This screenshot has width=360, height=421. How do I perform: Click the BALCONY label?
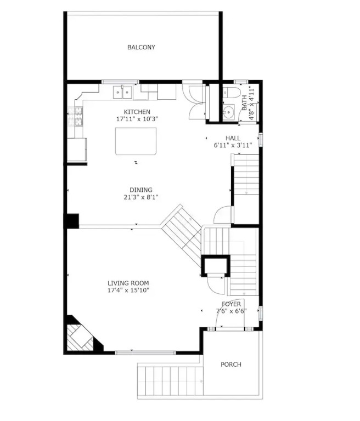(x=141, y=47)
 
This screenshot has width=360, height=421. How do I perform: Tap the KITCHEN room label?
(x=137, y=112)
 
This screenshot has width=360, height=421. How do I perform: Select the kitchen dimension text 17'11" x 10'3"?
(x=137, y=119)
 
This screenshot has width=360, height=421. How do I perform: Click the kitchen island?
(x=136, y=141)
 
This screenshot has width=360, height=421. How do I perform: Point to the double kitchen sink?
(x=122, y=92)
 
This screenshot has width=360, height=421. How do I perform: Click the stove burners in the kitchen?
(x=75, y=116)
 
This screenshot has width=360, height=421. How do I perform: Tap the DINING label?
(x=141, y=190)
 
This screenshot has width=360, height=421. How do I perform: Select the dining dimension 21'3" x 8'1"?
(x=141, y=197)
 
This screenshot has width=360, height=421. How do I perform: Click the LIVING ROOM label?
(x=128, y=283)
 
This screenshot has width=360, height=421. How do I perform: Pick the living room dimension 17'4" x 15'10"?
(x=128, y=290)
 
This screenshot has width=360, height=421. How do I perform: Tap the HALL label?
(x=233, y=138)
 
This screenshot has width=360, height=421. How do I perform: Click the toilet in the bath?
(x=230, y=92)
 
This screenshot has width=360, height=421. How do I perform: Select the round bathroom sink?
(x=228, y=112)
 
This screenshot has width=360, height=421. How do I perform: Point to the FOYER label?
(x=231, y=304)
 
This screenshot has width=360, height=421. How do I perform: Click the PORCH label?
(x=231, y=365)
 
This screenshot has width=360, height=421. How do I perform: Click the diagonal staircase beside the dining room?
(x=182, y=230)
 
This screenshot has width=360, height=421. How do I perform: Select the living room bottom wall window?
(x=145, y=353)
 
